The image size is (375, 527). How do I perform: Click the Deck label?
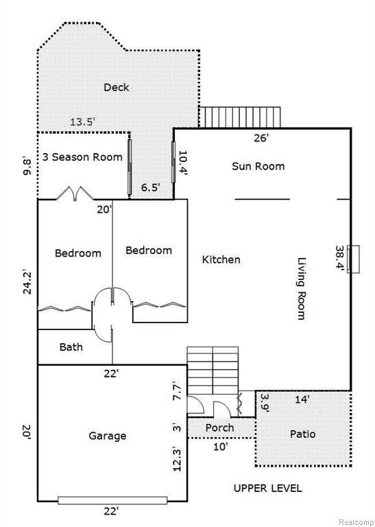[116, 87]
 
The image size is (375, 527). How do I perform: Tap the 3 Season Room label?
[82, 157]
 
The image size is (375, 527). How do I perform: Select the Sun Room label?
[258, 166]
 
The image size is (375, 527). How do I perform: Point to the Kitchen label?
[221, 259]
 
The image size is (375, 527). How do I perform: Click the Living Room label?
[302, 288]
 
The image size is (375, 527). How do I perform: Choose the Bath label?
[71, 347]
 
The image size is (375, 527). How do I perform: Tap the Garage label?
[108, 436]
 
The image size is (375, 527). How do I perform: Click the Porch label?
[219, 428]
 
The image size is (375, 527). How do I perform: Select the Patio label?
[302, 434]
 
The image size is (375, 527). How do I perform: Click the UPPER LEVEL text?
[267, 488]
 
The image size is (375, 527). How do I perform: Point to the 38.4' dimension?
[341, 259]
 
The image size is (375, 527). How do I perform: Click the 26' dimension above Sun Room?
[261, 138]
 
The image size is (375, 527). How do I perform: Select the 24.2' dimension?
[27, 281]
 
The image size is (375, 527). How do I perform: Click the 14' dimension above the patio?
[302, 399]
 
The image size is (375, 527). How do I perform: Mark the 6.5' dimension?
[149, 187]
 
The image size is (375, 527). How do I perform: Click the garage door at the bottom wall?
[112, 500]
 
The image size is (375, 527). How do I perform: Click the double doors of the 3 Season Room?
[75, 194]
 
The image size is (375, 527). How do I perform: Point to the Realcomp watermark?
[356, 522]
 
